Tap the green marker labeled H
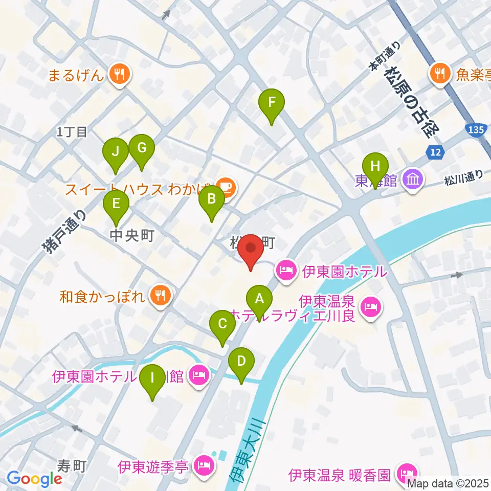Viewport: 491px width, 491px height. tap(375, 168)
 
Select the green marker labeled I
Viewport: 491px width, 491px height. tap(152, 380)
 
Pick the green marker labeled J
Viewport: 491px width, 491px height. tap(116, 152)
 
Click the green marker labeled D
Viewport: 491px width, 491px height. tap(241, 362)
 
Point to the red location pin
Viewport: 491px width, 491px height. tap(251, 249)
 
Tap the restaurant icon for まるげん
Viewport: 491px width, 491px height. tap(120, 76)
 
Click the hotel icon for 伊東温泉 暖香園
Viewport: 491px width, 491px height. tap(407, 475)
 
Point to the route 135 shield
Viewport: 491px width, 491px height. tap(475, 130)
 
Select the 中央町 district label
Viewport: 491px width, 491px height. tap(132, 235)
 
